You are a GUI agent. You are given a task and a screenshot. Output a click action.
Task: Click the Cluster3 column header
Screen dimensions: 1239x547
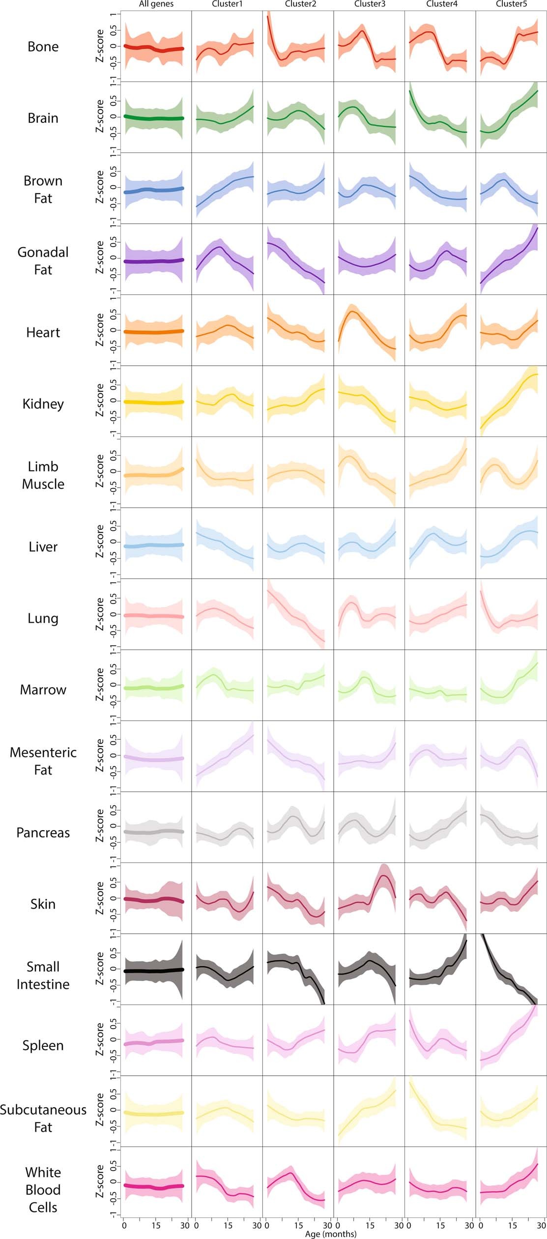coord(370,4)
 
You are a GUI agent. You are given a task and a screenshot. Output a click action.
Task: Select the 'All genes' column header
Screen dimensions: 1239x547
coord(156,4)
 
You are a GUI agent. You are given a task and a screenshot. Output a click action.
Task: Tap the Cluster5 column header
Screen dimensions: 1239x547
coord(511,4)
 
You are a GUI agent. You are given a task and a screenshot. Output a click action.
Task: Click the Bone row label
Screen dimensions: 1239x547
coord(43,47)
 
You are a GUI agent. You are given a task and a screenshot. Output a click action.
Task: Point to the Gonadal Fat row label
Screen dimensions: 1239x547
coord(43,260)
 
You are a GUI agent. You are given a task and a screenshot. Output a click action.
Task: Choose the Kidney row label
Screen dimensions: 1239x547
coord(43,403)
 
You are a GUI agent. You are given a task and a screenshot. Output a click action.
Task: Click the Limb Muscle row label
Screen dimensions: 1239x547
coord(43,475)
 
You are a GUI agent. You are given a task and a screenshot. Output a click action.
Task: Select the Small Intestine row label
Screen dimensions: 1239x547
coord(43,975)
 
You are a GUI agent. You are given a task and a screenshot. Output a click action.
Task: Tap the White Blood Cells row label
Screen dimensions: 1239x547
coord(43,1189)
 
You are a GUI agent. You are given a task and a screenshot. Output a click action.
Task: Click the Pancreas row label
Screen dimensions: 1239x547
coord(43,833)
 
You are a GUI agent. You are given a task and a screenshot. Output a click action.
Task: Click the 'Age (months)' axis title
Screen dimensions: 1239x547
coord(331,1234)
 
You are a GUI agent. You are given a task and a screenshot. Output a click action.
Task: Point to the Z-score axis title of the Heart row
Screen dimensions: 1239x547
coord(100,330)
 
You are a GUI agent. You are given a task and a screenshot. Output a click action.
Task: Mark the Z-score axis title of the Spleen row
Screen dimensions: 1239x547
coord(100,1039)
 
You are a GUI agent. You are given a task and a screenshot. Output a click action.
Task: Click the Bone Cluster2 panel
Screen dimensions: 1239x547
coord(298,46)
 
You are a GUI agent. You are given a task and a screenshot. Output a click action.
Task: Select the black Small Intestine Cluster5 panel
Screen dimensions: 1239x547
coord(511,969)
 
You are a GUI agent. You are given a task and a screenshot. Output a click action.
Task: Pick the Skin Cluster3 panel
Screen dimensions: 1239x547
coord(369,897)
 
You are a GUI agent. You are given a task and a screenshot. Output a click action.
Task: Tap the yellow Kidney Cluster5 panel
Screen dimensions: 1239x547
coord(511,401)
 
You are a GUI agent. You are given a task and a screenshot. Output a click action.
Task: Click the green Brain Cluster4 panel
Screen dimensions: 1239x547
coord(440,117)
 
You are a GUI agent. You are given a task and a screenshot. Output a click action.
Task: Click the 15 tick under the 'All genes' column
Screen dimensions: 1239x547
coord(156,1225)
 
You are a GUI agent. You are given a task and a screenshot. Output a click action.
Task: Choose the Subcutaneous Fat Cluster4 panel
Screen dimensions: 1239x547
coord(440,1111)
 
